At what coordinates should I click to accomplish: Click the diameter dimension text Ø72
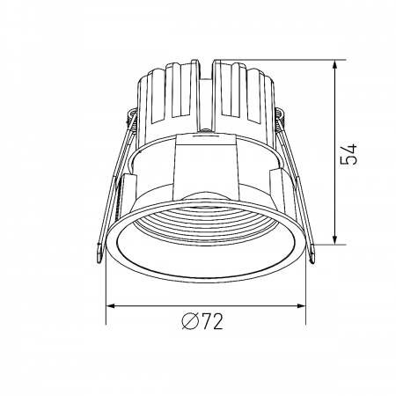tap(204, 322)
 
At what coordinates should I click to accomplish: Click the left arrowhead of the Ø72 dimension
tap(111, 305)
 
